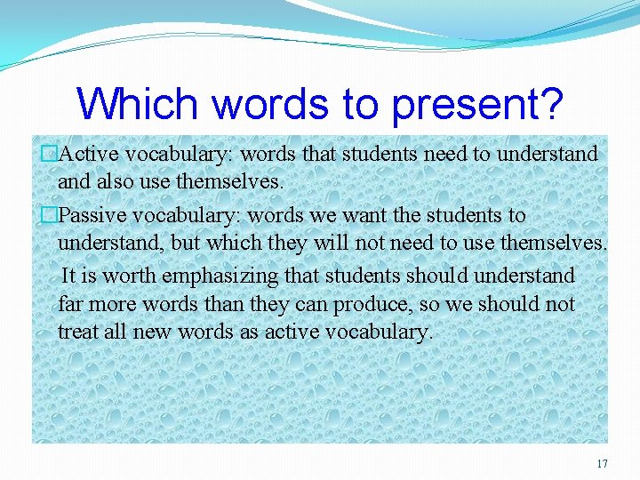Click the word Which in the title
(x=140, y=104)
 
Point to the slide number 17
(x=603, y=464)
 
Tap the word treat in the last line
(x=77, y=332)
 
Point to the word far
(x=70, y=304)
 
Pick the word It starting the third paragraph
(x=68, y=276)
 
